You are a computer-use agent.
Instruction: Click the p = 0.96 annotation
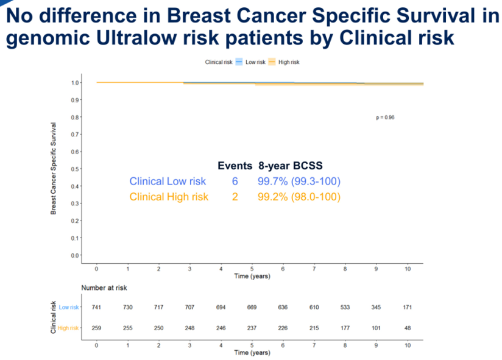(386, 118)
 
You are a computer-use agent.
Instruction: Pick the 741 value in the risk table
(96, 308)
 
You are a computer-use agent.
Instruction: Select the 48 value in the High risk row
(408, 328)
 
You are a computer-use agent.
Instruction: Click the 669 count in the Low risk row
(252, 308)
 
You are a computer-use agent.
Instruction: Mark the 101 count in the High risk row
(376, 328)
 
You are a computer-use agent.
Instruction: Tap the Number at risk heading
(104, 288)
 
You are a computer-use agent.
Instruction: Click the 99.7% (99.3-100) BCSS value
(299, 182)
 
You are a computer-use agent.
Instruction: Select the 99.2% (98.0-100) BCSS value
(299, 197)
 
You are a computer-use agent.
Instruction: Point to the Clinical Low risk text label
(168, 182)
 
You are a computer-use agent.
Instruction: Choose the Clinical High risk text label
(169, 197)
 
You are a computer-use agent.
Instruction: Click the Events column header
(235, 166)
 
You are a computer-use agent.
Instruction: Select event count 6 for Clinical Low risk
(235, 182)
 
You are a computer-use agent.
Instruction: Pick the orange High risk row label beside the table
(69, 328)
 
